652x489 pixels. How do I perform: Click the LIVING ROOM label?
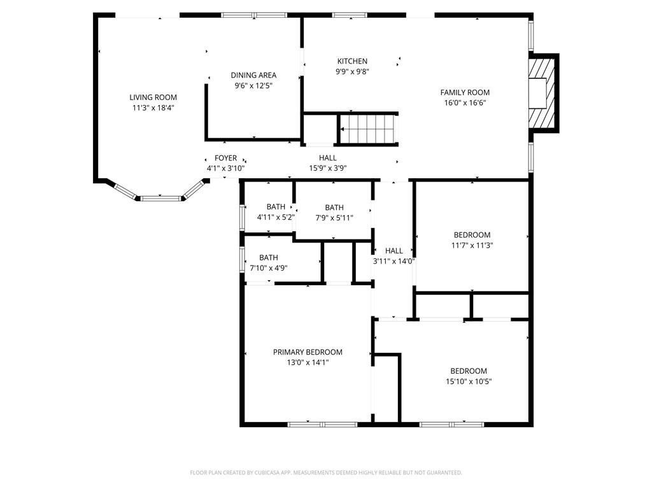point(153,97)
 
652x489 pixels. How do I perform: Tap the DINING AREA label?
point(253,75)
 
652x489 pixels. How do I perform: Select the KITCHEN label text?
point(352,61)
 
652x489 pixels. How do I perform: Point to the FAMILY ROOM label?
point(465,92)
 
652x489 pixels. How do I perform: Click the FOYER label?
point(226,158)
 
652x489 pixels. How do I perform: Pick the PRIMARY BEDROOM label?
point(308,351)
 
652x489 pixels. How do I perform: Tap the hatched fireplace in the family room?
point(542,94)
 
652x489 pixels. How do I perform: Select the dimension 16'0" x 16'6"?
point(465,103)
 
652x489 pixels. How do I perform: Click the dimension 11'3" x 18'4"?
point(153,108)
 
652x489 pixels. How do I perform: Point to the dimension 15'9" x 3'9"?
point(328,168)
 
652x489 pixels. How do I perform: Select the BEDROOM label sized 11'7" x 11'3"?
point(472,235)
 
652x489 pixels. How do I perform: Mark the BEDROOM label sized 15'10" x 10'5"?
point(469,371)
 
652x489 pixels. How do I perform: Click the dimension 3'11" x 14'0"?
point(393,261)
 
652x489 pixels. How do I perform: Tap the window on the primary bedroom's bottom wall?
point(322,425)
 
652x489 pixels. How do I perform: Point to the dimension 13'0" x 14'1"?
point(308,362)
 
